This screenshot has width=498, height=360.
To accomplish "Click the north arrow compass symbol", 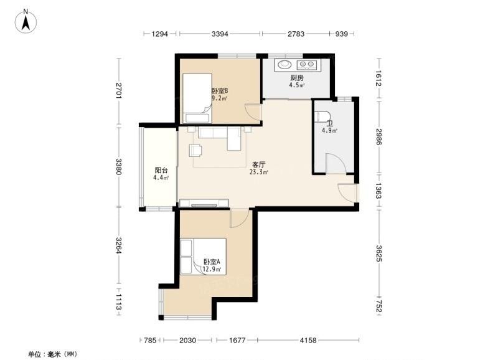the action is coord(26,22).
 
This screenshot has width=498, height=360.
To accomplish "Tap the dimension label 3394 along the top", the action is coord(220,34).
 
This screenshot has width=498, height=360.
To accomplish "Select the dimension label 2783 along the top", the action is coord(296,34).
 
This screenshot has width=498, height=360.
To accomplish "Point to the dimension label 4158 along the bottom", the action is coord(308,340).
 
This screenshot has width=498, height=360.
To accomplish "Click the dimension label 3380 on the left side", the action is coord(119,166).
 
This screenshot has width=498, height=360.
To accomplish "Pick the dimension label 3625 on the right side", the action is coord(378,253).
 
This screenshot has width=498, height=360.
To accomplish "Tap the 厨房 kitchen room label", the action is coord(297,78).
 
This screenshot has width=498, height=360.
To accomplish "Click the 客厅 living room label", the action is coord(258,164).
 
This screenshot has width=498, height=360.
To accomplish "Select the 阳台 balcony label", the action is coord(161,170).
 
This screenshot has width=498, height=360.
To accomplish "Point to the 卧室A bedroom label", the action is coord(212,262).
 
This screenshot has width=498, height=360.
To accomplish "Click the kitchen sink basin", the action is coord(284,65).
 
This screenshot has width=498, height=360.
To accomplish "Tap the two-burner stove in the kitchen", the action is coord(307,65).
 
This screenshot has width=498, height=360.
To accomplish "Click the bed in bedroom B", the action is coord(197,98).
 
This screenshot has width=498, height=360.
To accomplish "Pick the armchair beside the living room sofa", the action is coord(195,150).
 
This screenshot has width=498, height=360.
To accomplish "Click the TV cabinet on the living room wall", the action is coord(204,203).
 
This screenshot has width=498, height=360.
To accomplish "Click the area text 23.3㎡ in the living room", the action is coord(258,173).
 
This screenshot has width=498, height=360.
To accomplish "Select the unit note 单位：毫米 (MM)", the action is coord(52,354).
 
